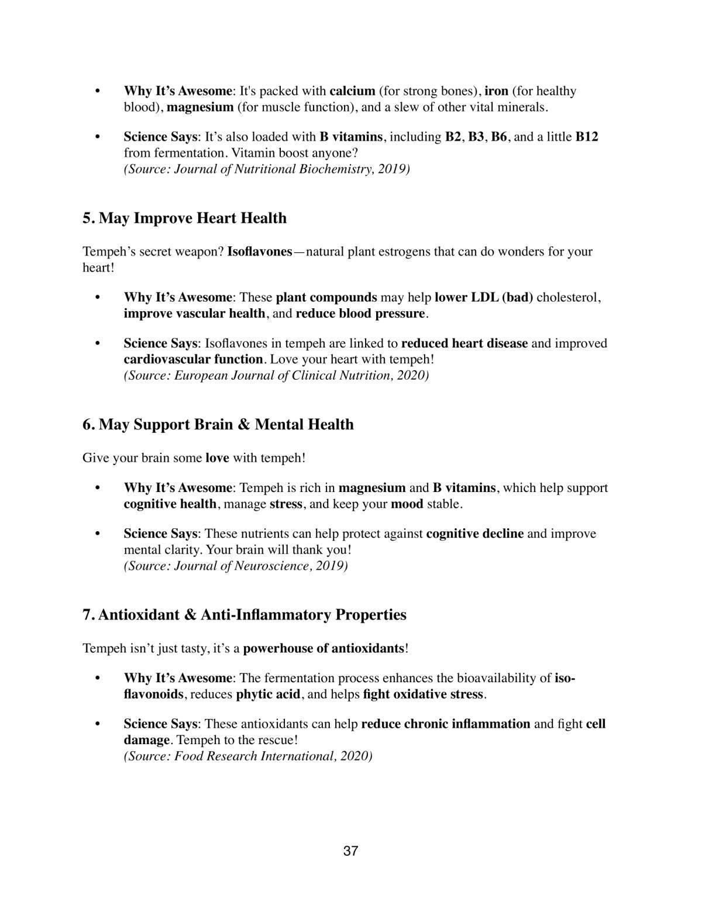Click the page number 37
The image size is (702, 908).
pyautogui.click(x=350, y=851)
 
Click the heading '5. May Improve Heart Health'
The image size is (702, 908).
pyautogui.click(x=184, y=218)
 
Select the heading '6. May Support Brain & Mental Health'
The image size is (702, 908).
pyautogui.click(x=218, y=424)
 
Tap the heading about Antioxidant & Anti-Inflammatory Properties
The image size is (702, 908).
pyautogui.click(x=245, y=615)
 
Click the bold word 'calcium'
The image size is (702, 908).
pyautogui.click(x=352, y=91)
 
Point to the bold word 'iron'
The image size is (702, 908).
pyautogui.click(x=496, y=91)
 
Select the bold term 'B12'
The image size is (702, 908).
pyautogui.click(x=587, y=137)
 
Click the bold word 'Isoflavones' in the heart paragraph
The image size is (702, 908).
pyautogui.click(x=259, y=252)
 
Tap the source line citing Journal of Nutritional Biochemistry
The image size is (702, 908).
pyautogui.click(x=267, y=169)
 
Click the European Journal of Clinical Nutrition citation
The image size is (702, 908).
pyautogui.click(x=276, y=375)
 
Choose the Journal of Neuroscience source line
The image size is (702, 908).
pyautogui.click(x=236, y=566)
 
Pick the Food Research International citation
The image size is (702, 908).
pyautogui.click(x=248, y=756)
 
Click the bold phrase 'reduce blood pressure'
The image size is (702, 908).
pyautogui.click(x=360, y=314)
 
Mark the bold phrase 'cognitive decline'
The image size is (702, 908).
pyautogui.click(x=475, y=534)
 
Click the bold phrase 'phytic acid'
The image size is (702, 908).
pyautogui.click(x=268, y=694)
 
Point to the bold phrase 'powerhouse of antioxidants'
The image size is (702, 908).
pyautogui.click(x=324, y=648)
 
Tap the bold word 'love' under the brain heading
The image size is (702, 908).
pyautogui.click(x=217, y=458)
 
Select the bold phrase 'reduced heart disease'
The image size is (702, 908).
pyautogui.click(x=464, y=343)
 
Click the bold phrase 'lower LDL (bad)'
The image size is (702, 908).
pyautogui.click(x=484, y=297)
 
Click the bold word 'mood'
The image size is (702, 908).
pyautogui.click(x=407, y=504)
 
